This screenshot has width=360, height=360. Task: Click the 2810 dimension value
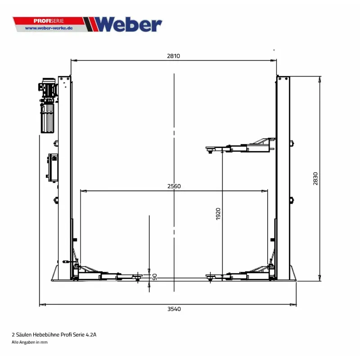pyautogui.click(x=173, y=56)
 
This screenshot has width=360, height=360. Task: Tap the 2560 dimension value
pyautogui.click(x=174, y=186)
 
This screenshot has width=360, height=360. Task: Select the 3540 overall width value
pyautogui.click(x=174, y=309)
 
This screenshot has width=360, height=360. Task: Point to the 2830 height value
pyautogui.click(x=315, y=179)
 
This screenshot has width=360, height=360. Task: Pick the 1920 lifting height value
pyautogui.click(x=218, y=214)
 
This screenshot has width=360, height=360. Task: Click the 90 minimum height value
pyautogui.click(x=155, y=277)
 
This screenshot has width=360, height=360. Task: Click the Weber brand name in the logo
pyautogui.click(x=128, y=24)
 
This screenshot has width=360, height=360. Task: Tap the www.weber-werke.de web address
pyautogui.click(x=49, y=28)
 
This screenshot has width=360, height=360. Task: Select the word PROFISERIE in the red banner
pyautogui.click(x=49, y=21)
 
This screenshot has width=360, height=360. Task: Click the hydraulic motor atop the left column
pyautogui.click(x=48, y=88)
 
